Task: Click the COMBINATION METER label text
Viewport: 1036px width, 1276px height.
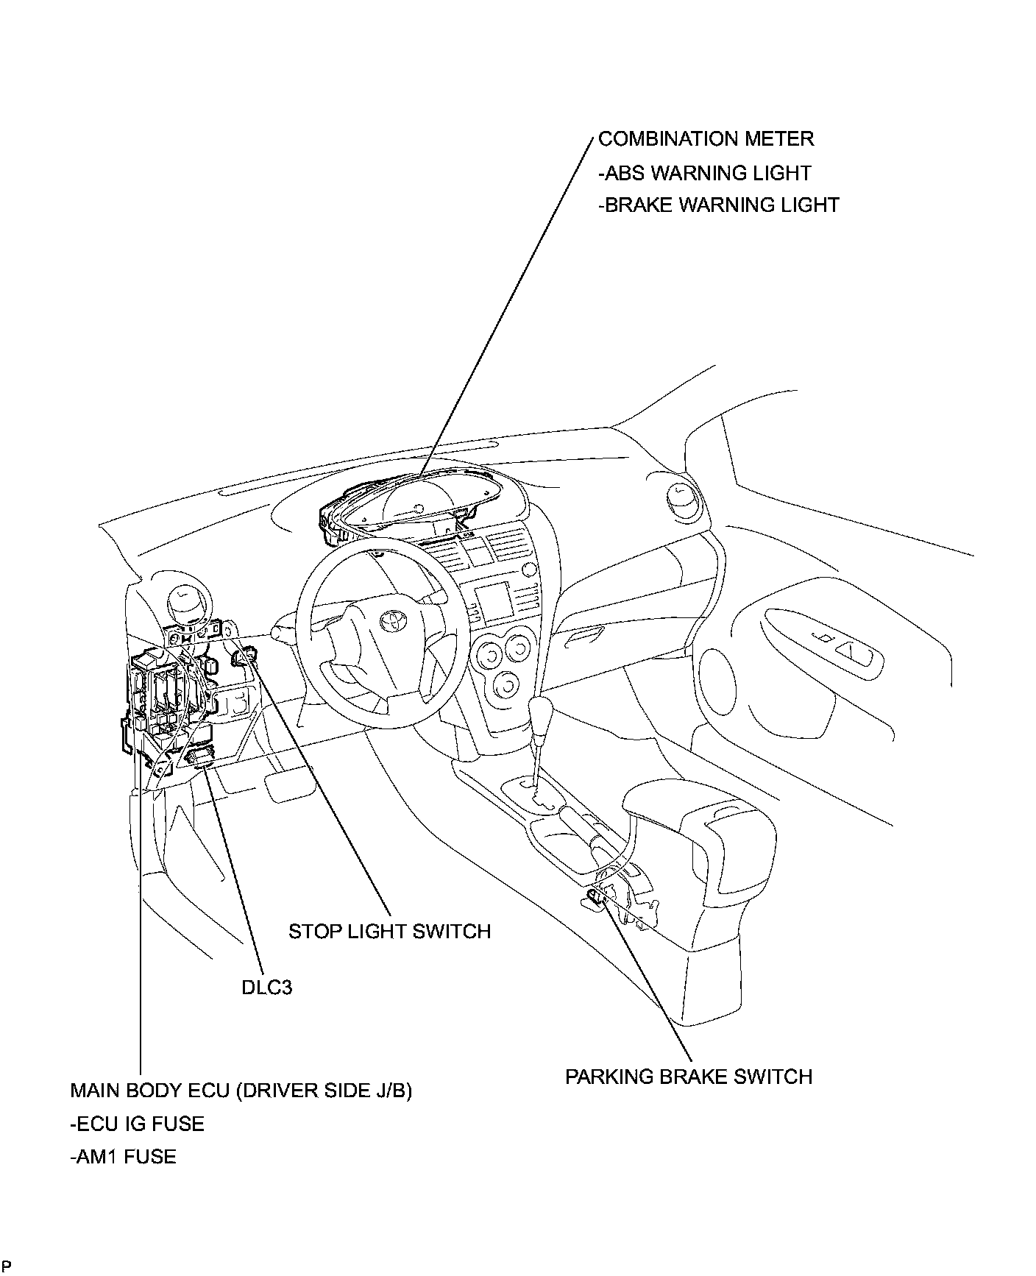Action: [706, 139]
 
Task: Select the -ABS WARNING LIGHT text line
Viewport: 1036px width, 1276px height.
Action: [704, 173]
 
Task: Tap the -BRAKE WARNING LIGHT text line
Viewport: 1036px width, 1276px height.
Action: [718, 205]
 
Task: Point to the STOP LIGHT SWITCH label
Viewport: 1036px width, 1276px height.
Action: [389, 932]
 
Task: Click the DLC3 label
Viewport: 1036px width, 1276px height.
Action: [266, 987]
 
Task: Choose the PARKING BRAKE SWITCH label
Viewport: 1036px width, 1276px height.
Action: [689, 1077]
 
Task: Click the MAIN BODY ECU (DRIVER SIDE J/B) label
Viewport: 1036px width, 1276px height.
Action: [241, 1090]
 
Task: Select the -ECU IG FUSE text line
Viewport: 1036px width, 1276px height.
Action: [137, 1124]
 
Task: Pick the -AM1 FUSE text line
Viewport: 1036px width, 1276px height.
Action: [123, 1157]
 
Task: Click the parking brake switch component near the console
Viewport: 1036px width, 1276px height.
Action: [597, 895]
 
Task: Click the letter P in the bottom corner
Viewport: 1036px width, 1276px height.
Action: [6, 1266]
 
